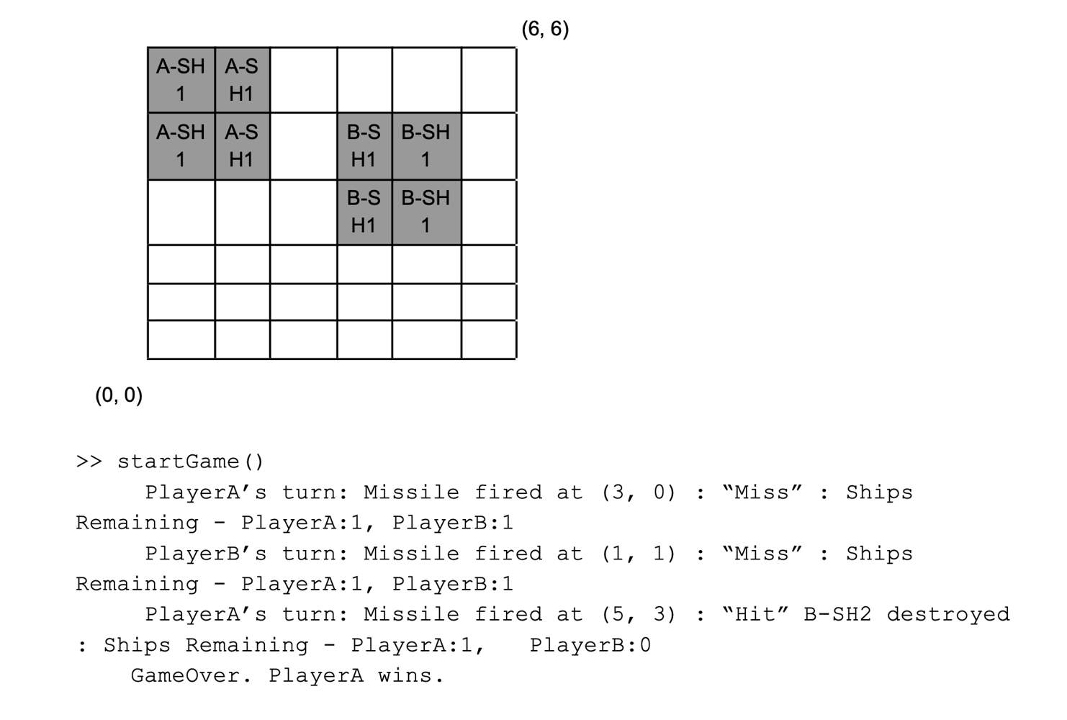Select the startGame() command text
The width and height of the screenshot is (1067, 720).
(190, 462)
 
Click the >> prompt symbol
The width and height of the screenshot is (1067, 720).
(89, 462)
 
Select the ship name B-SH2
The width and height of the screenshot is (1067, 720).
(837, 614)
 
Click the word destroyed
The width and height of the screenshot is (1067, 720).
(948, 614)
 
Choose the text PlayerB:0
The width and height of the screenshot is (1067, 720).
(590, 644)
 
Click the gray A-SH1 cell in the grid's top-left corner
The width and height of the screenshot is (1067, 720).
(181, 80)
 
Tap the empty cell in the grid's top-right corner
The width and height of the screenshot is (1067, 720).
(489, 80)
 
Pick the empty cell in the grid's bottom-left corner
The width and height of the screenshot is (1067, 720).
(181, 339)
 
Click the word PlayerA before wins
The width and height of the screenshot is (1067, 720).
(316, 675)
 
